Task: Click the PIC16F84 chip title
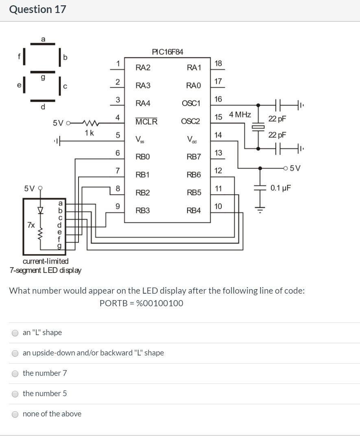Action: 167,52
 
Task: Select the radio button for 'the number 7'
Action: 15,373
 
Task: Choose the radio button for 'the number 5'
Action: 15,394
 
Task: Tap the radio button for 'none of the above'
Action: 15,414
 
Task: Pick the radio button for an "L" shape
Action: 15,333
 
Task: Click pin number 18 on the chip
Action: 218,63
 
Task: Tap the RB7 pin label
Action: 193,157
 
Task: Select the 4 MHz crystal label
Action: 240,115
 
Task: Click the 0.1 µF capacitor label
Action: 281,188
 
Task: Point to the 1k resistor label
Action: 89,133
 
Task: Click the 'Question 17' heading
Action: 37,9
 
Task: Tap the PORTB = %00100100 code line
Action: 141,303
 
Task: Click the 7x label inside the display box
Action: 31,224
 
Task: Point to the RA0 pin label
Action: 193,85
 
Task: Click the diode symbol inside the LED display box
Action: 40,211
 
